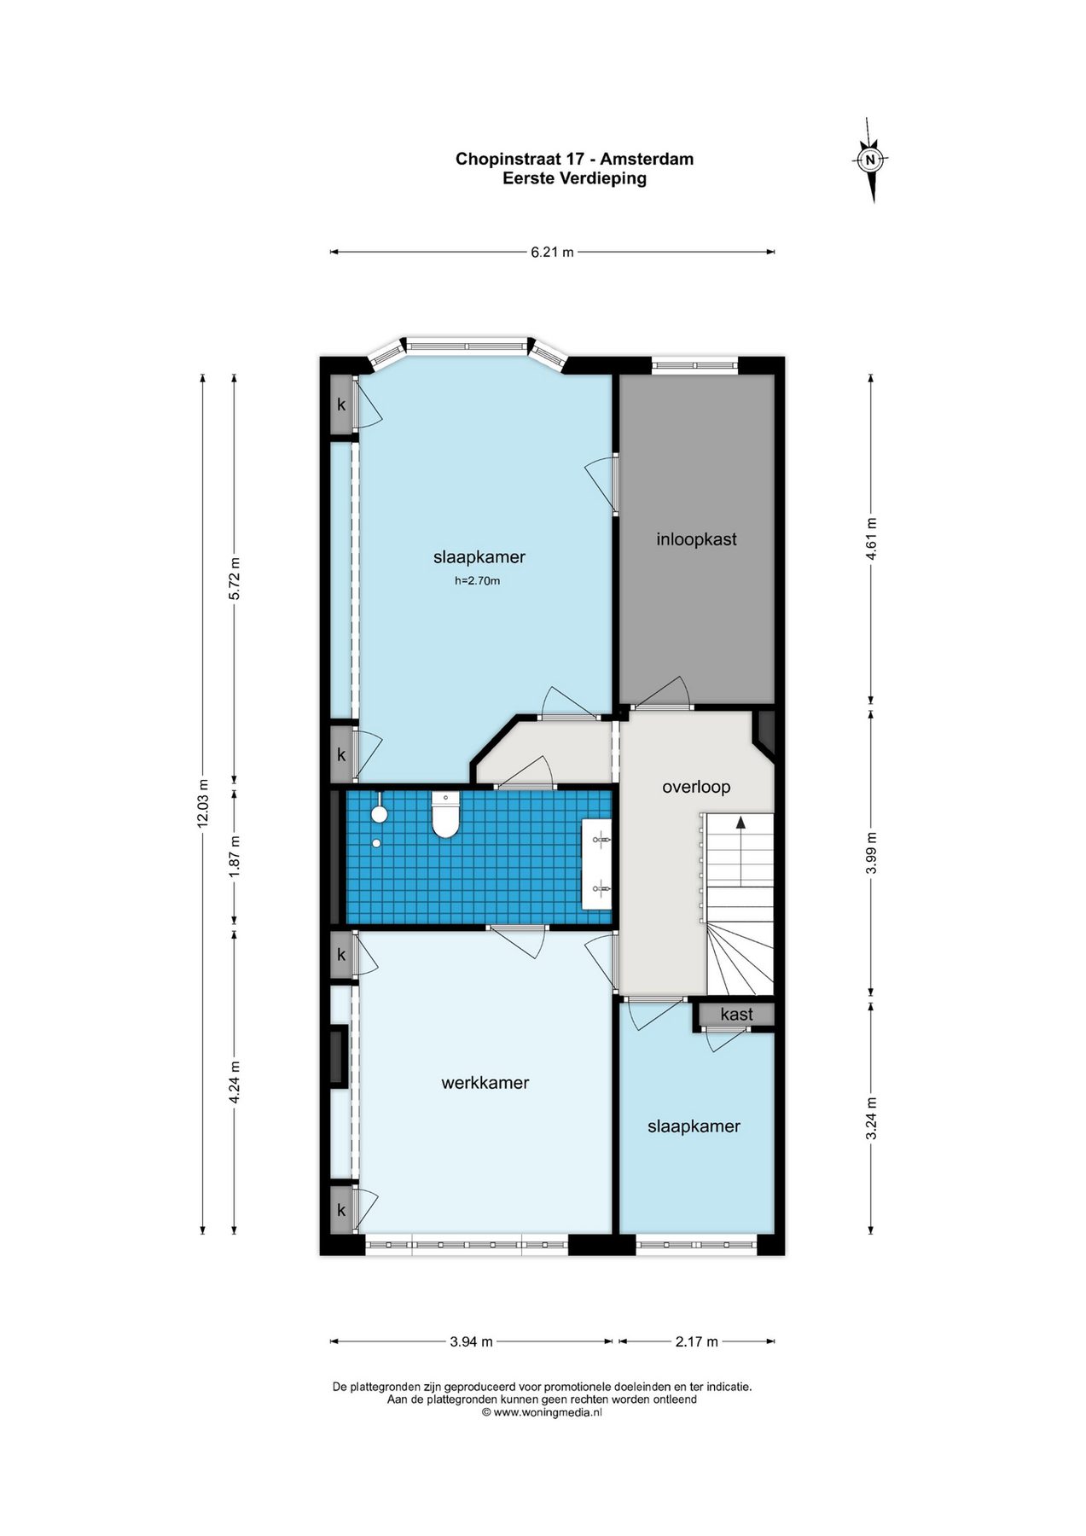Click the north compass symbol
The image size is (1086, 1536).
click(x=871, y=160)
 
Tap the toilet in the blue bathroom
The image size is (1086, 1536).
click(x=445, y=814)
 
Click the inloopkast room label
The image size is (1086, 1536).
click(x=696, y=539)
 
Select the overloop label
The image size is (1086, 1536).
click(x=696, y=787)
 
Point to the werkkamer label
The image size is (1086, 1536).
click(x=485, y=1083)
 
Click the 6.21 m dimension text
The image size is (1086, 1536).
click(x=552, y=252)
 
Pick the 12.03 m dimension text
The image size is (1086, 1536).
click(x=202, y=803)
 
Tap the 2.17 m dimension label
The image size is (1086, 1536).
click(x=697, y=1341)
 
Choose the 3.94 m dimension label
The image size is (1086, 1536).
click(x=471, y=1341)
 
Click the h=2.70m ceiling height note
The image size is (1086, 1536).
click(x=477, y=581)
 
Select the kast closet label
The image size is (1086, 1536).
click(x=736, y=1015)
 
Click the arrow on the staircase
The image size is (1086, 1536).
click(x=740, y=850)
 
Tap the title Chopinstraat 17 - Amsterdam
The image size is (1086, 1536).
click(x=574, y=159)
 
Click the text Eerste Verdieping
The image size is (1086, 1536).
click(x=574, y=178)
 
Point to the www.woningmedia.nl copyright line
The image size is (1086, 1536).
click(x=543, y=1412)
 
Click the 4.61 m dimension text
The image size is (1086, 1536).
click(x=871, y=538)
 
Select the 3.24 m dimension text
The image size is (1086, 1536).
click(x=871, y=1118)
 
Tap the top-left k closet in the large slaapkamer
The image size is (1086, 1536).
click(x=342, y=404)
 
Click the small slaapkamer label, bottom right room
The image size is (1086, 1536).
click(x=694, y=1126)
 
